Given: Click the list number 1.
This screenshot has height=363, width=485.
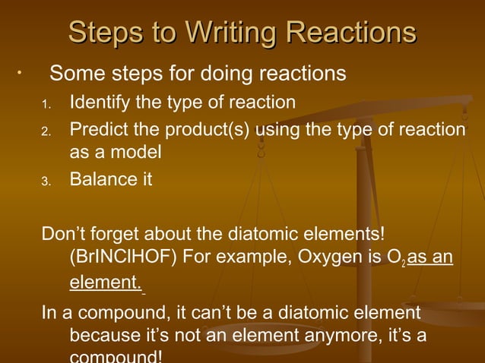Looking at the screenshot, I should pyautogui.click(x=46, y=103).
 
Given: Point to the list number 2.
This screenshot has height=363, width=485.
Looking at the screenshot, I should pyautogui.click(x=46, y=132).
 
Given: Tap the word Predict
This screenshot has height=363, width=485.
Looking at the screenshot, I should pyautogui.click(x=98, y=130).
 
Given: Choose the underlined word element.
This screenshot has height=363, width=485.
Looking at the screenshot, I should pyautogui.click(x=105, y=284).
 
